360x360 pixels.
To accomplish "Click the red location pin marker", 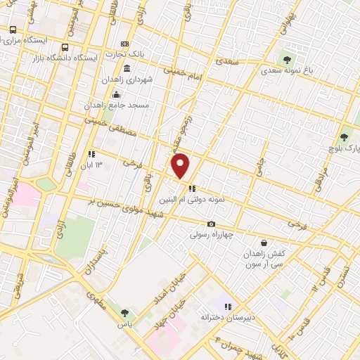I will click(181, 166).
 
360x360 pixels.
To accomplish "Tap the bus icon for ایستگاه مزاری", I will click(13, 30).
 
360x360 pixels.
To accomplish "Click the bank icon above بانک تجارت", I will click(124, 44).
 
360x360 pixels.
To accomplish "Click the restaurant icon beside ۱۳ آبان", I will click(91, 154).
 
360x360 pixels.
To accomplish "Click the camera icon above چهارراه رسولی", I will click(211, 224).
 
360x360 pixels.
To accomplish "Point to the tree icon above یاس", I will click(124, 313).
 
